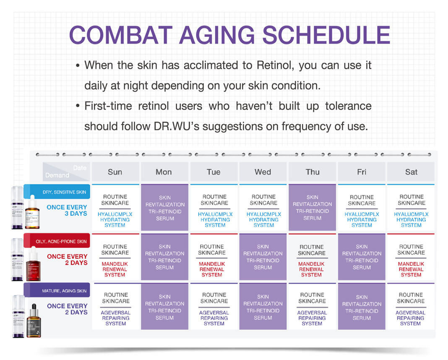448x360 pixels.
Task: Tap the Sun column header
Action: click(115, 172)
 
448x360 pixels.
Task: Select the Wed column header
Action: click(263, 172)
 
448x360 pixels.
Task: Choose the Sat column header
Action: click(411, 172)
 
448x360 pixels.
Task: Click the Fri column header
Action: click(362, 172)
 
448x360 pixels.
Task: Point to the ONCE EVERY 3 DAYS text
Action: click(67, 210)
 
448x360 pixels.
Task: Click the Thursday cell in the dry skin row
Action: click(312, 207)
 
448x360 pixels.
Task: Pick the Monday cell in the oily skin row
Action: click(164, 257)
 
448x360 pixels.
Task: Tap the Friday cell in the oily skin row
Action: click(362, 257)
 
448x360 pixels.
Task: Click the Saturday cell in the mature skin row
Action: click(411, 309)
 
